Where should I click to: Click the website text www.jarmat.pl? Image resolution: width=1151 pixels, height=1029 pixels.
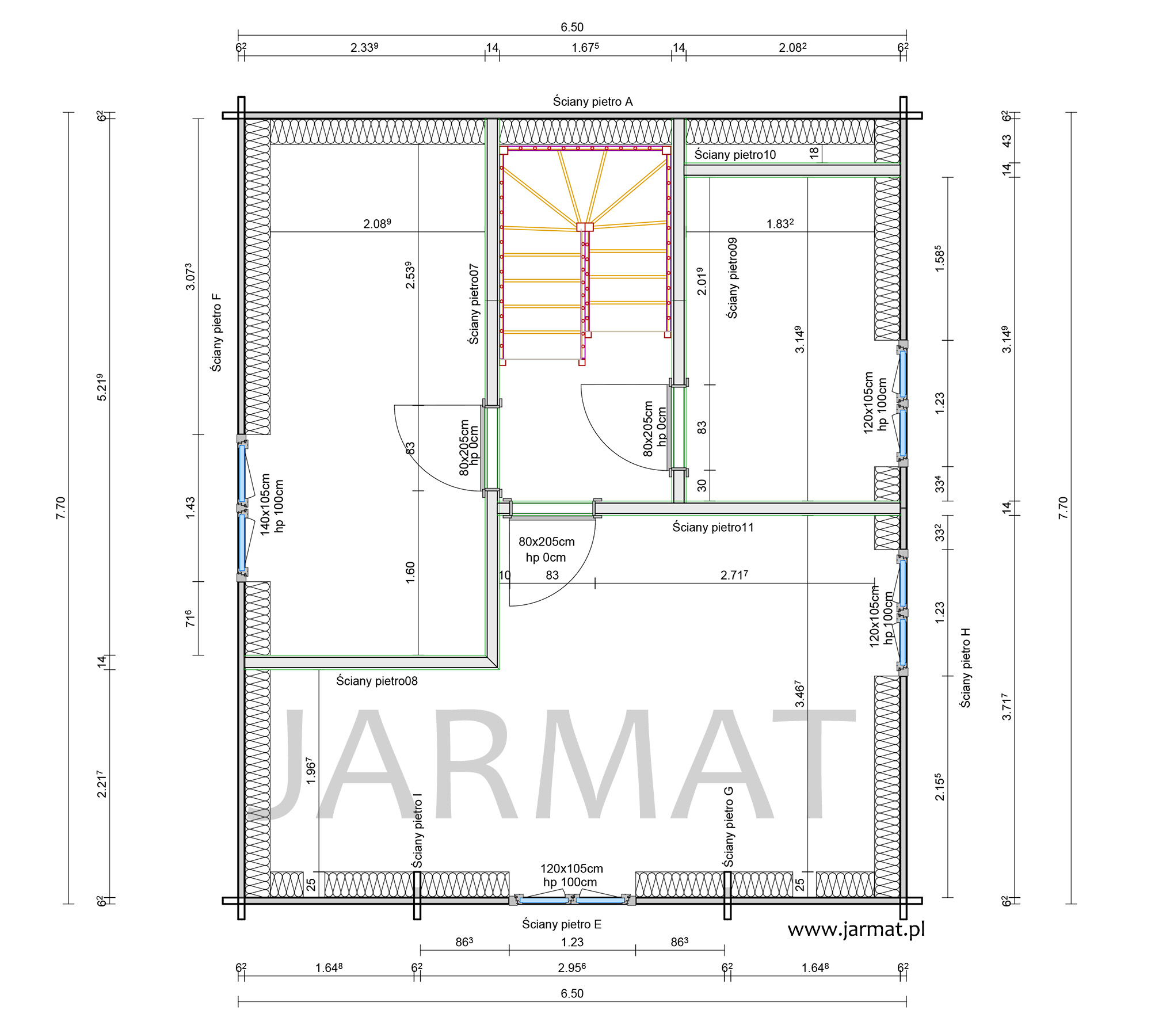tap(856, 930)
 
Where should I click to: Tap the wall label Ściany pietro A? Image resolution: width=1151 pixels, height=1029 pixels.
tap(593, 102)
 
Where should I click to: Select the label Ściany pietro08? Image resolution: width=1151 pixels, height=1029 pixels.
tap(377, 681)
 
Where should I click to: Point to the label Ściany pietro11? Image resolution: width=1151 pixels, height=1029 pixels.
tap(713, 527)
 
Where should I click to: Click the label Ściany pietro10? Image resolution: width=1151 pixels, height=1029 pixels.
tap(735, 154)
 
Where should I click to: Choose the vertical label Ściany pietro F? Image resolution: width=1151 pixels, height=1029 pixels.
tap(216, 333)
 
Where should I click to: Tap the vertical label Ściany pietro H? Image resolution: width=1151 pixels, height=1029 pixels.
tap(966, 668)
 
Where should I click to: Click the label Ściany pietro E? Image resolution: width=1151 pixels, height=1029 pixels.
tap(562, 924)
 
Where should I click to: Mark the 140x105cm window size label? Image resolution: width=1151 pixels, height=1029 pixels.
tap(265, 505)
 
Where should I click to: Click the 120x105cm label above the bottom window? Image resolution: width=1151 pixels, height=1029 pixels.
tap(571, 868)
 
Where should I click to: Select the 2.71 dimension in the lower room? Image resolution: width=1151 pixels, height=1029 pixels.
tap(734, 574)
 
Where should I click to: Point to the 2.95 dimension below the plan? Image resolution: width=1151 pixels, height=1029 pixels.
tap(572, 967)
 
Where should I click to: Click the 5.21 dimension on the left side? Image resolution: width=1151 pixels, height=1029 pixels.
tap(101, 387)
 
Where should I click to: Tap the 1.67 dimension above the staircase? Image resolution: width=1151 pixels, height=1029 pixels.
tap(585, 47)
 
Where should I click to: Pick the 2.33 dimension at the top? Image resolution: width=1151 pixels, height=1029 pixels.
tap(364, 47)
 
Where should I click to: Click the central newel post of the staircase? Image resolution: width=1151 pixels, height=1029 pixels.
tap(585, 227)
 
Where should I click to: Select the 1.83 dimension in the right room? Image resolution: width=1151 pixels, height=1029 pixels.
tap(780, 223)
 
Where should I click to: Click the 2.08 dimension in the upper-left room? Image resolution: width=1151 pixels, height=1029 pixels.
tap(377, 223)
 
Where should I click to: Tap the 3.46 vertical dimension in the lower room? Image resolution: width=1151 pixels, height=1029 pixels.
tap(799, 694)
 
